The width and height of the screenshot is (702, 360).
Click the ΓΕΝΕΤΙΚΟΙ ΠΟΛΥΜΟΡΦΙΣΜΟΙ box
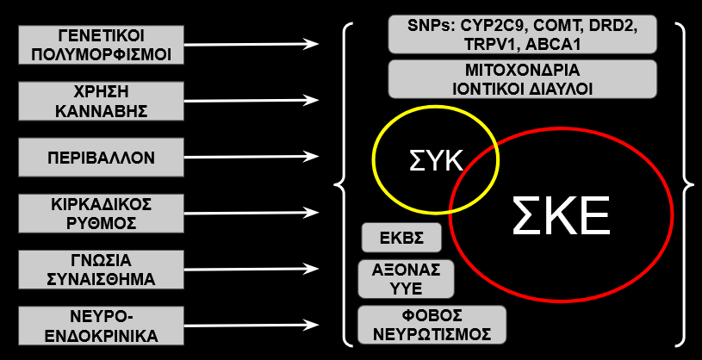pyautogui.click(x=101, y=45)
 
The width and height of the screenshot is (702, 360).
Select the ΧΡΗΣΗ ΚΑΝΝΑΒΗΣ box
pyautogui.click(x=101, y=101)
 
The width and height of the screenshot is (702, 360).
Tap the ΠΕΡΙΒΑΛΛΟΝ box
pyautogui.click(x=101, y=157)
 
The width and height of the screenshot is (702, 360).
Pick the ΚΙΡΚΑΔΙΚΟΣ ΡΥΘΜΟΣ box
pyautogui.click(x=101, y=213)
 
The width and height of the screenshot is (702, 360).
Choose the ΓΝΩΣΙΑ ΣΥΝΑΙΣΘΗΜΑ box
pyautogui.click(x=101, y=270)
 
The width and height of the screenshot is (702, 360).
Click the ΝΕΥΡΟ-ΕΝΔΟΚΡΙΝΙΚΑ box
pyautogui.click(x=101, y=326)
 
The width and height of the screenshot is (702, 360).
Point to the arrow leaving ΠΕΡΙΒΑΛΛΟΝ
pyautogui.click(x=252, y=157)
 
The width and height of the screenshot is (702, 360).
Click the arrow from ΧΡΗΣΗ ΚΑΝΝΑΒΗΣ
pyautogui.click(x=252, y=100)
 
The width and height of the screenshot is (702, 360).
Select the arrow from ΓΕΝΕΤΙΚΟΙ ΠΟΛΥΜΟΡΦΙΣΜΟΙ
pyautogui.click(x=252, y=44)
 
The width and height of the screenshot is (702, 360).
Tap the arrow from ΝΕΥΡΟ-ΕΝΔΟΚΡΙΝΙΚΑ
pyautogui.click(x=252, y=325)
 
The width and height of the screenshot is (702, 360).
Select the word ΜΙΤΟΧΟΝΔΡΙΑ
pyautogui.click(x=523, y=71)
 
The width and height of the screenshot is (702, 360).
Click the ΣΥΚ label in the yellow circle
pyautogui.click(x=436, y=161)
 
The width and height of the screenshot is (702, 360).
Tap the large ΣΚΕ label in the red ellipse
pyautogui.click(x=561, y=216)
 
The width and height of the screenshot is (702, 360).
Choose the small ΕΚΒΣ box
pyautogui.click(x=401, y=238)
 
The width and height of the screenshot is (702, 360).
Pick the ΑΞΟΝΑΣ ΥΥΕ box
pyautogui.click(x=406, y=279)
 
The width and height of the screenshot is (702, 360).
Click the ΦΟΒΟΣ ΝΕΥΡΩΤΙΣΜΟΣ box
pyautogui.click(x=432, y=325)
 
